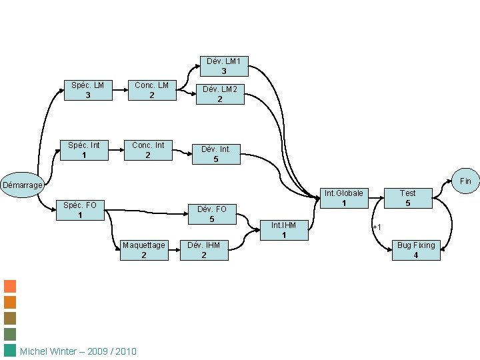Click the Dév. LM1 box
(224, 66)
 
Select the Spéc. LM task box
(88, 90)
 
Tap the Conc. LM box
(152, 90)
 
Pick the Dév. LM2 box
(219, 94)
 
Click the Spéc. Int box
(84, 150)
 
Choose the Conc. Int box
(148, 150)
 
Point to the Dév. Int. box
(215, 154)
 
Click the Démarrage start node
(22, 185)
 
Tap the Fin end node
(465, 181)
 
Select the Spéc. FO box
(80, 210)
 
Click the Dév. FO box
(211, 214)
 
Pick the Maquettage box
(143, 250)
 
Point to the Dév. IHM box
(204, 250)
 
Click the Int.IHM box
(284, 230)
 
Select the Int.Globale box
(344, 198)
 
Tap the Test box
(407, 198)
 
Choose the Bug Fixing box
(416, 250)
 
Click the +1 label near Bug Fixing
(377, 227)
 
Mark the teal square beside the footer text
(10, 351)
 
